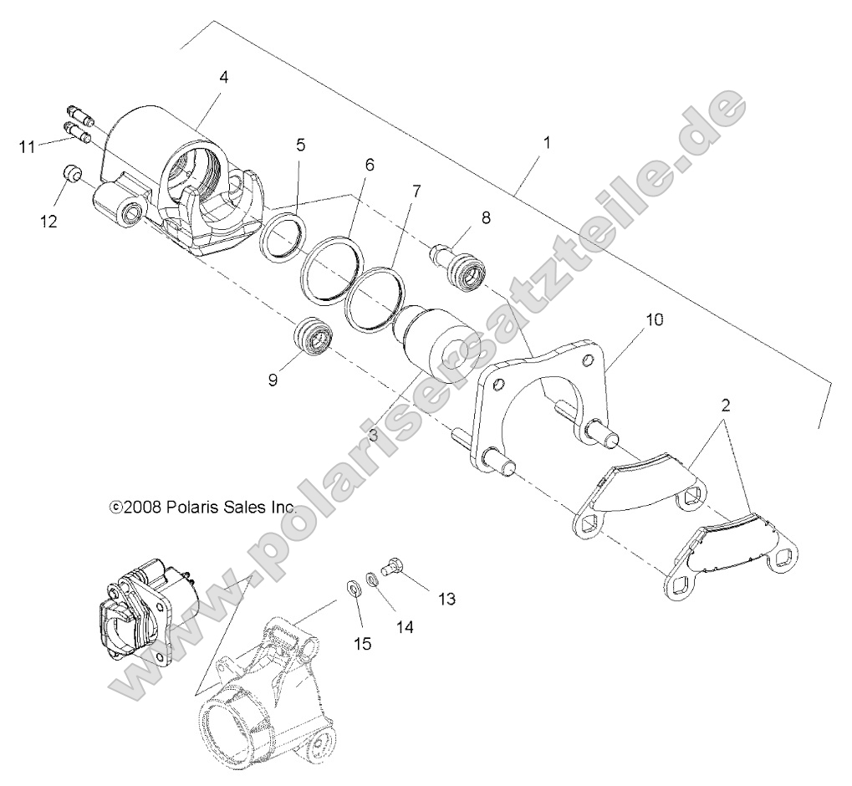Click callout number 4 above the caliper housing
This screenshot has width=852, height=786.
tap(223, 77)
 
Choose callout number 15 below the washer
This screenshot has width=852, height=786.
tap(361, 643)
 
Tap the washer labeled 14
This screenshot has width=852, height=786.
tap(371, 578)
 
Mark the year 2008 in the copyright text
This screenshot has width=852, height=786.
tap(142, 507)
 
